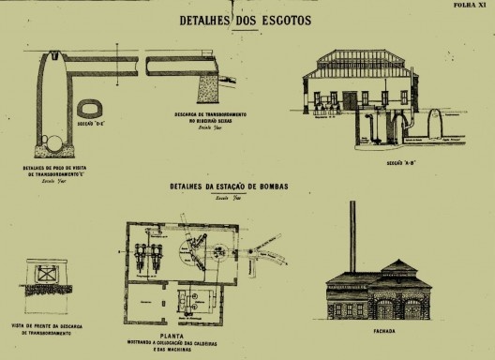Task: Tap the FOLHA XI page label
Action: point(472,5)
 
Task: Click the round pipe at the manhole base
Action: point(56,144)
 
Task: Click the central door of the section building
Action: point(365,97)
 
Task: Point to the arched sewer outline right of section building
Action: point(434,123)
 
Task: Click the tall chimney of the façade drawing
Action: point(352,235)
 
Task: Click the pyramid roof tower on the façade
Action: point(397,268)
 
